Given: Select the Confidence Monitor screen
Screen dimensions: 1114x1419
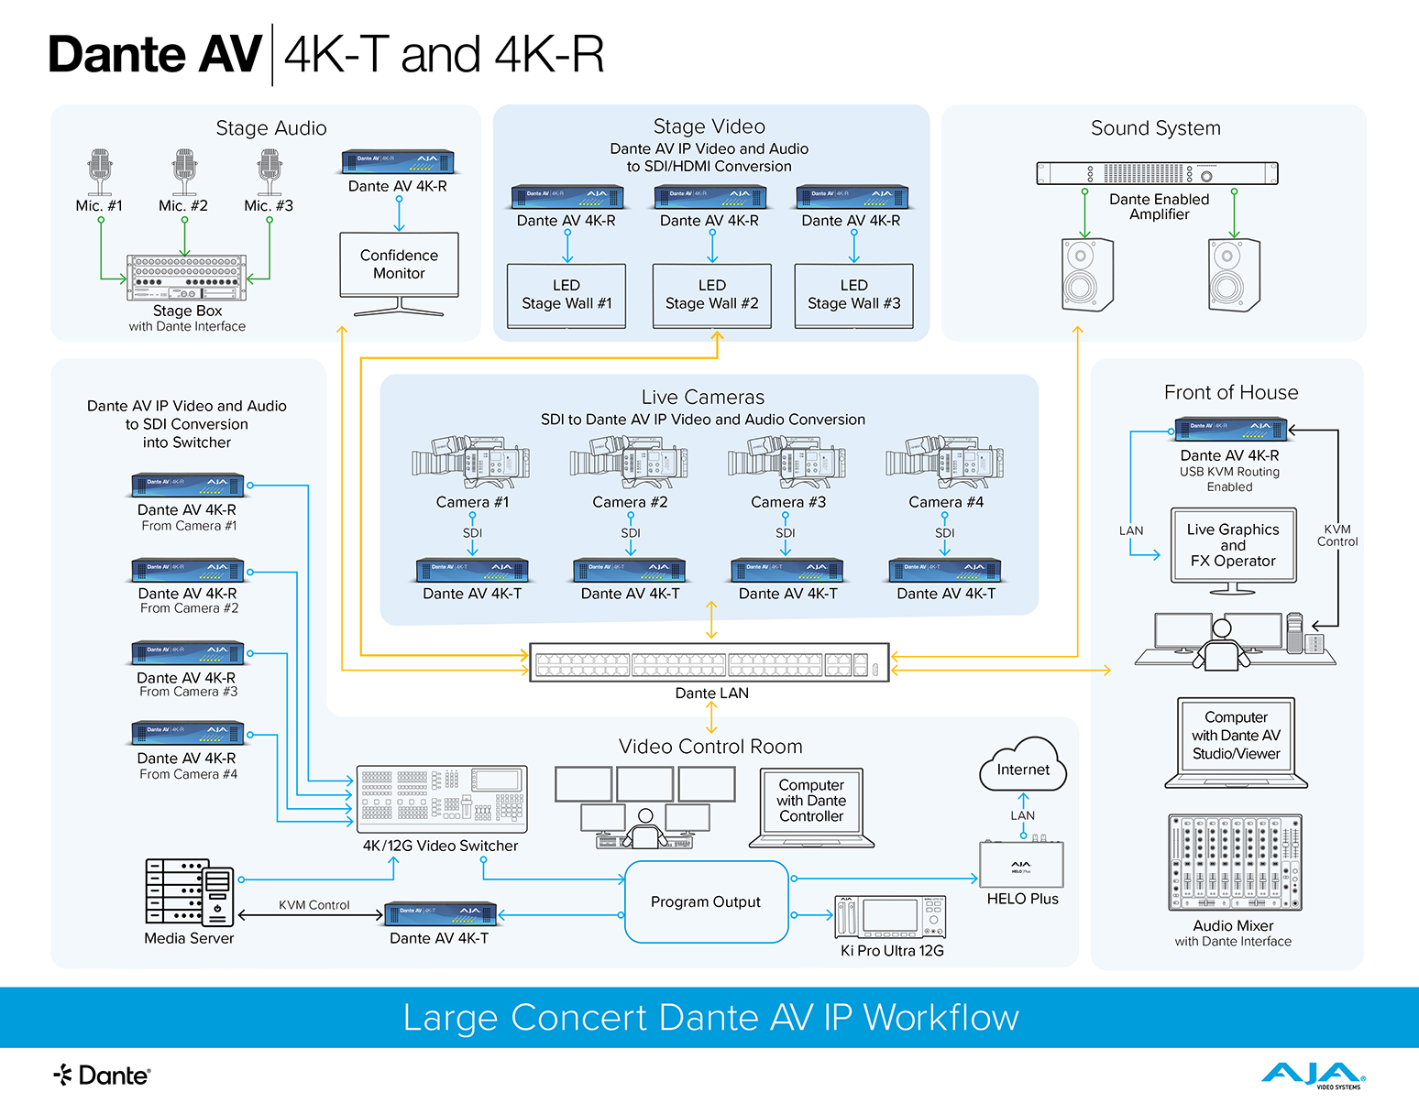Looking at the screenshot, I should pos(399,264).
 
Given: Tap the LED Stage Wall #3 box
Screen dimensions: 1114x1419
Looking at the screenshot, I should pos(853,295).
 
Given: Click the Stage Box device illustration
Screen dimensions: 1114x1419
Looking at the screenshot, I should pos(186,278).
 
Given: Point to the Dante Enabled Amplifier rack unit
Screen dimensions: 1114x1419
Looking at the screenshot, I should pos(1157,173).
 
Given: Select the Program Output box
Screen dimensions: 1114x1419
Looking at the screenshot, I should pos(706,901).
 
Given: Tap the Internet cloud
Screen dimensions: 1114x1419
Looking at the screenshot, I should pos(1023,767).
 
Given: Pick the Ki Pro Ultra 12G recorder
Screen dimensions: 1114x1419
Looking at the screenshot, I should pos(890,917).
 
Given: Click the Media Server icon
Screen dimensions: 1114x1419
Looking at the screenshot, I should pos(190,892).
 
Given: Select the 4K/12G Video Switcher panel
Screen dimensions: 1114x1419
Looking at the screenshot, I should pos(441,797).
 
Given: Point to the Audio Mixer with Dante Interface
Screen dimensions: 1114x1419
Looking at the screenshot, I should pos(1234,862).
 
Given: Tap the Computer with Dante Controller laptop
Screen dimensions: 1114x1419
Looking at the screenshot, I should pos(811,806).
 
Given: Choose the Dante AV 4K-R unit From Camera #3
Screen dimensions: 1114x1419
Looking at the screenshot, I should pos(188,653).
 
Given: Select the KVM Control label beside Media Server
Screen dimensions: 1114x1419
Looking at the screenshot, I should pos(314,905).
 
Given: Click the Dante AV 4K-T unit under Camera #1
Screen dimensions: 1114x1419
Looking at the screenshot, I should pos(472,570).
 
